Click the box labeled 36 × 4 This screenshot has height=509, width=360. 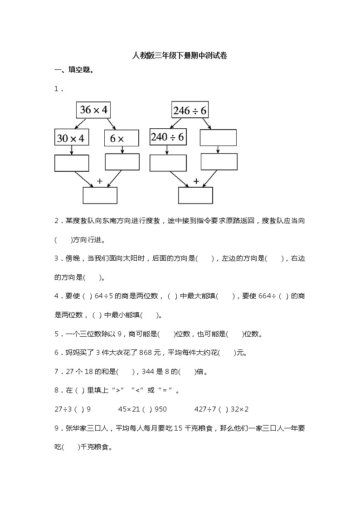tap(94, 110)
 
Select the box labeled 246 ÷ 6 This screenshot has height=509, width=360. tap(190, 110)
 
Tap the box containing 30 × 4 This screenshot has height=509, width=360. tap(71, 138)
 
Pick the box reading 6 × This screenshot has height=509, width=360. tap(122, 138)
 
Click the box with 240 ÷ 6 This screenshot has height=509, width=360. tap(168, 137)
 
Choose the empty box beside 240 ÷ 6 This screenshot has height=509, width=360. tap(218, 138)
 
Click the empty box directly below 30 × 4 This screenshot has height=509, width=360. tap(71, 163)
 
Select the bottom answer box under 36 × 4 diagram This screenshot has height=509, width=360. tap(100, 195)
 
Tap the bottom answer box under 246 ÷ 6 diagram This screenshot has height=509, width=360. tap(195, 195)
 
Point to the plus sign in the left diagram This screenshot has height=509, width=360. tap(100, 181)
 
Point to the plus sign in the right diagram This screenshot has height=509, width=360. tap(196, 181)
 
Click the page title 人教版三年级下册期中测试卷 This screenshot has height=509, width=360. tap(180, 56)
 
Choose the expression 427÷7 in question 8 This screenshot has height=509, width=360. tap(205, 409)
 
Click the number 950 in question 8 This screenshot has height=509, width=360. tap(161, 409)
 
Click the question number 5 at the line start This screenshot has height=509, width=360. tap(56, 334)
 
